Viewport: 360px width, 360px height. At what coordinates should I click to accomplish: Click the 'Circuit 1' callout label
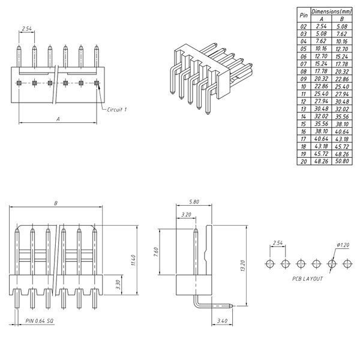click(x=117, y=110)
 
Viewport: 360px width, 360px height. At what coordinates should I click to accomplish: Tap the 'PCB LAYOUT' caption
click(x=307, y=279)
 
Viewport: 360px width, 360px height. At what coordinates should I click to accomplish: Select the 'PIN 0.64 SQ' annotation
click(x=40, y=321)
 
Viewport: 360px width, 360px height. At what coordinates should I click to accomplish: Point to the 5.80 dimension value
click(x=194, y=202)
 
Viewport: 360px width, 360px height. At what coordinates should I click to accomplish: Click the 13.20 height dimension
click(x=243, y=266)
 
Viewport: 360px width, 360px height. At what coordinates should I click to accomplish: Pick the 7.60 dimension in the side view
click(x=156, y=252)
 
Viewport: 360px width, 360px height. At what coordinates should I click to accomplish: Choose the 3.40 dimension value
click(x=222, y=321)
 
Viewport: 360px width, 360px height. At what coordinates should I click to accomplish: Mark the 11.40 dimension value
click(x=133, y=260)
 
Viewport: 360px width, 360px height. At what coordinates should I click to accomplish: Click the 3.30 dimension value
click(x=118, y=284)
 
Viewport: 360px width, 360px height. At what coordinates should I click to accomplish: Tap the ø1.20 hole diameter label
click(x=343, y=245)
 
